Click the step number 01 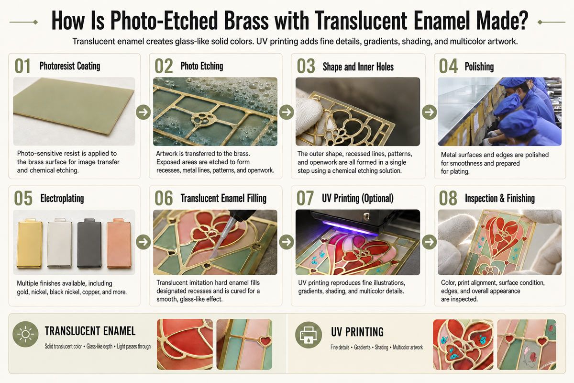point(22,66)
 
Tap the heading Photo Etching point(202,66)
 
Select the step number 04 point(448,66)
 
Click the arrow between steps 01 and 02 point(143,112)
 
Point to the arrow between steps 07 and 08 point(429,242)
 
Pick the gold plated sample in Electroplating point(30,243)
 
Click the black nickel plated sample point(89,243)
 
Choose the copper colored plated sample point(119,243)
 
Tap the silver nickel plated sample point(60,243)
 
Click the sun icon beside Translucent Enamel point(25,334)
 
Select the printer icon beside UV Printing point(309,335)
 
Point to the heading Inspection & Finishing point(500,198)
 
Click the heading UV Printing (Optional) point(358,198)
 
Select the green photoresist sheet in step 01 point(74,107)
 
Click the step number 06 point(164,198)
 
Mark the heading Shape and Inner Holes point(358,67)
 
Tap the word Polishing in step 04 point(479,67)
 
